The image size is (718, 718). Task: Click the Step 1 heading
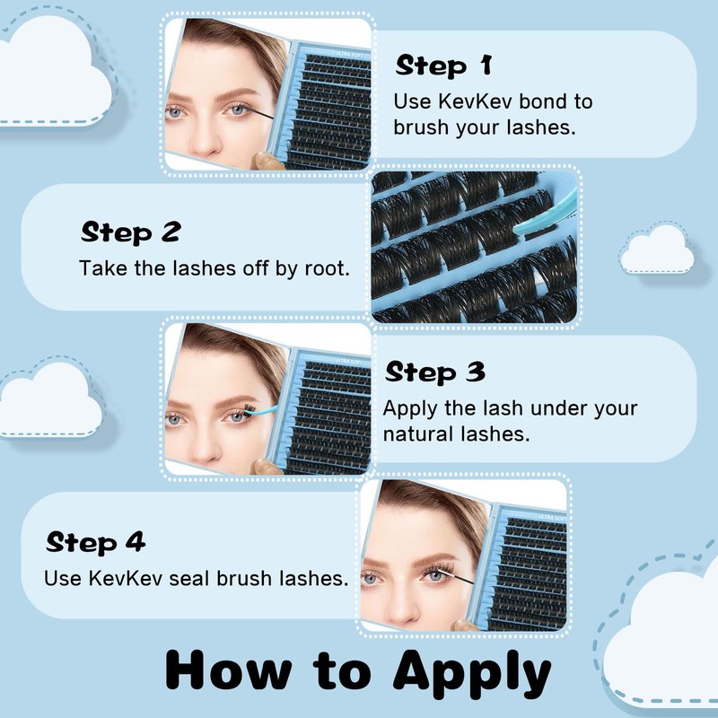pyautogui.click(x=443, y=66)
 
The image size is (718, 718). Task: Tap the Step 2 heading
pyautogui.click(x=131, y=232)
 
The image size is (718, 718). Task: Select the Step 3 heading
pyautogui.click(x=435, y=372)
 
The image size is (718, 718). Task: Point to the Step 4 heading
pyautogui.click(x=96, y=543)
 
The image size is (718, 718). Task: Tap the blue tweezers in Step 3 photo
pyautogui.click(x=262, y=411)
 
